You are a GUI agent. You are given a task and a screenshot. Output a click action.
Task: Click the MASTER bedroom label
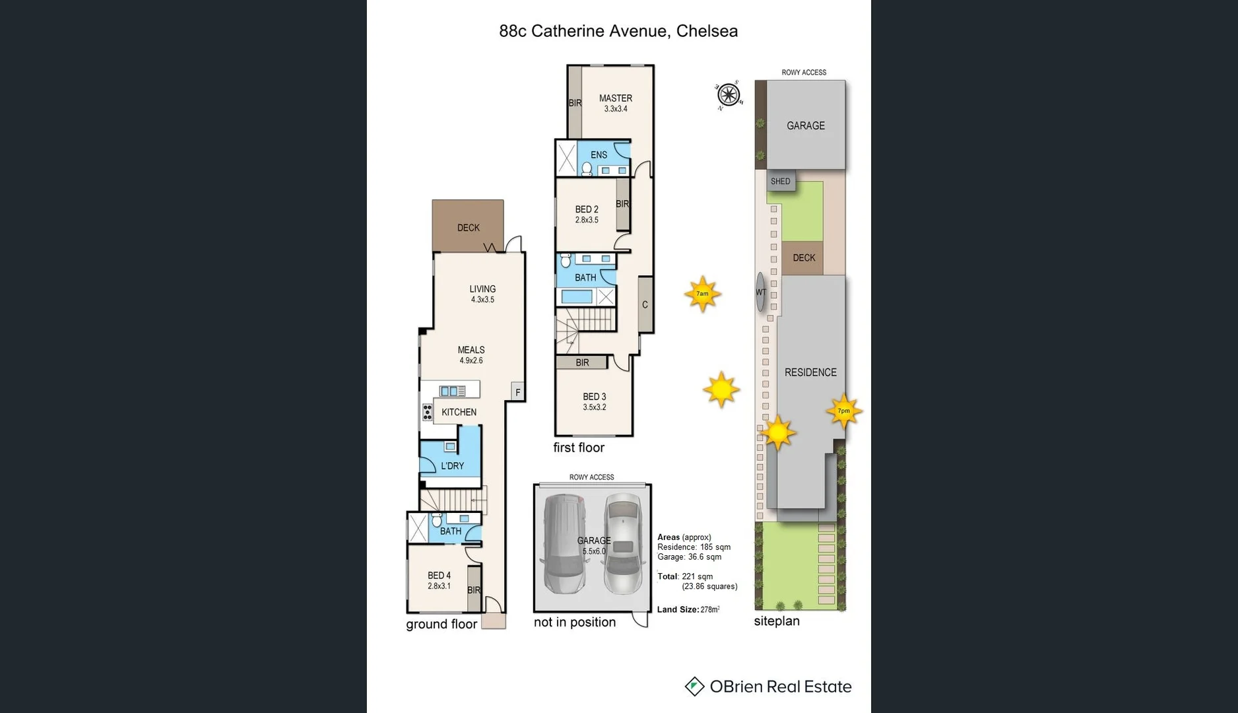615,98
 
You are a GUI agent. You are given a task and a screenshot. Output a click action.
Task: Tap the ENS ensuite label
599,155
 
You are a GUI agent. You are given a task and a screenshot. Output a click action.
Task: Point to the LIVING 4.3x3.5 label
482,294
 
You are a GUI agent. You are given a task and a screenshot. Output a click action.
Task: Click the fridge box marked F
517,392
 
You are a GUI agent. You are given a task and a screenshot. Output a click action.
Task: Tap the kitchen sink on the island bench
452,391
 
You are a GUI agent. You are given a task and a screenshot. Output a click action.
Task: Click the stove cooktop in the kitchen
428,413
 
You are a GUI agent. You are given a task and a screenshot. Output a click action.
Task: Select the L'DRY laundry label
452,466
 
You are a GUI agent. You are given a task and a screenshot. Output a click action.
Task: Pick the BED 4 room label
439,576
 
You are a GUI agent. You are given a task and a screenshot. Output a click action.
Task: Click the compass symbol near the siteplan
729,95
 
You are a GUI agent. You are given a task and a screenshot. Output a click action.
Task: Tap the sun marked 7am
702,294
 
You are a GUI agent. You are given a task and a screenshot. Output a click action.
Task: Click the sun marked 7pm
843,411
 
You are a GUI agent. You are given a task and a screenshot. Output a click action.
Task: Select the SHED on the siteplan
780,182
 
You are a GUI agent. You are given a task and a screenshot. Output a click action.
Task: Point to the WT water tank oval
760,292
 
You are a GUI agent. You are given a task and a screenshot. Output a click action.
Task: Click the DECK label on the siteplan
804,258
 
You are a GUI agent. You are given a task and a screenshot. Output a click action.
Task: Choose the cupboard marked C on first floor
645,304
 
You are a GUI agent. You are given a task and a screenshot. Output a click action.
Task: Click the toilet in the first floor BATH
566,261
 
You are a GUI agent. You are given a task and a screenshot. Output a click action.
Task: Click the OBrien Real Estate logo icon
694,687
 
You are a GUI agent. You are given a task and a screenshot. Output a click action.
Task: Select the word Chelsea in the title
707,31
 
